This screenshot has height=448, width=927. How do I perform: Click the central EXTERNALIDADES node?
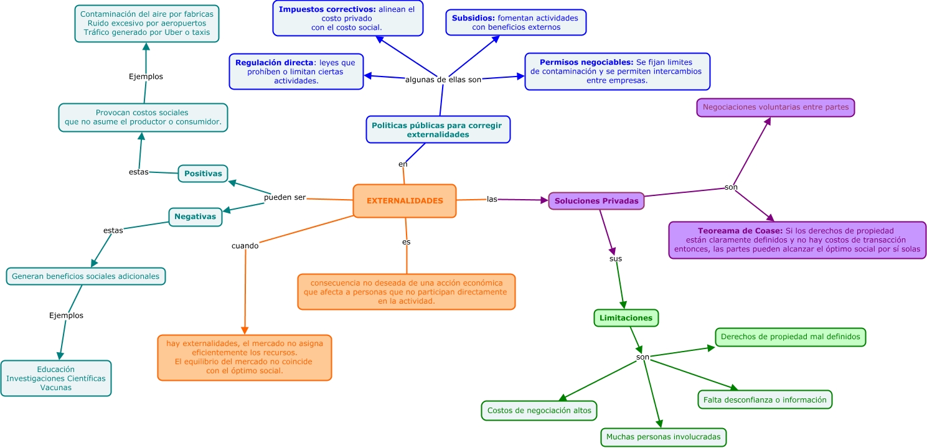pos(405,201)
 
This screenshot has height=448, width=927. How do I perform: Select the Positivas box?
pos(203,174)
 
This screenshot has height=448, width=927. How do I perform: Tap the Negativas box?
pos(195,217)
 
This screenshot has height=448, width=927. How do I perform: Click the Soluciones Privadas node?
pos(596,201)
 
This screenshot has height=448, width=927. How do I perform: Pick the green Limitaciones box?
pos(626,318)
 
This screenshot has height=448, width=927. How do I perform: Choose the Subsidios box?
pos(515,22)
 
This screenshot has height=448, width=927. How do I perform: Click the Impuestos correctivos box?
pos(347,18)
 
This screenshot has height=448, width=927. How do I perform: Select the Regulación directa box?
pos(296,72)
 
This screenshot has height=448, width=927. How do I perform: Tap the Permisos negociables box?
pos(616,72)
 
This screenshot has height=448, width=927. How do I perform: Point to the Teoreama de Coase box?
pos(797,240)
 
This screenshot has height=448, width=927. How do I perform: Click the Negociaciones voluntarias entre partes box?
pos(775,107)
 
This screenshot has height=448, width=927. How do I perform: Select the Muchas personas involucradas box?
pos(663,437)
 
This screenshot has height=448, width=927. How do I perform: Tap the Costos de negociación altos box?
pos(539,411)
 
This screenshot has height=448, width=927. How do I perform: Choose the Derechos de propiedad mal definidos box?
pos(790,337)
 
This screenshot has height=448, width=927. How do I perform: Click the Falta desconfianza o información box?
pos(765,399)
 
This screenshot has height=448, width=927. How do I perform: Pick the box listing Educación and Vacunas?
pos(56,378)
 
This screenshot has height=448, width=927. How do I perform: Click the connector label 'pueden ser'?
pos(285,197)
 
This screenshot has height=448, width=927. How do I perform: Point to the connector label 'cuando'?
pos(245,246)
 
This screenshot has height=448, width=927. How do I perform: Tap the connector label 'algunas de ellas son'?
pos(443,80)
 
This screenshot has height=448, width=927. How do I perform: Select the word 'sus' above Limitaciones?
pos(615,258)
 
